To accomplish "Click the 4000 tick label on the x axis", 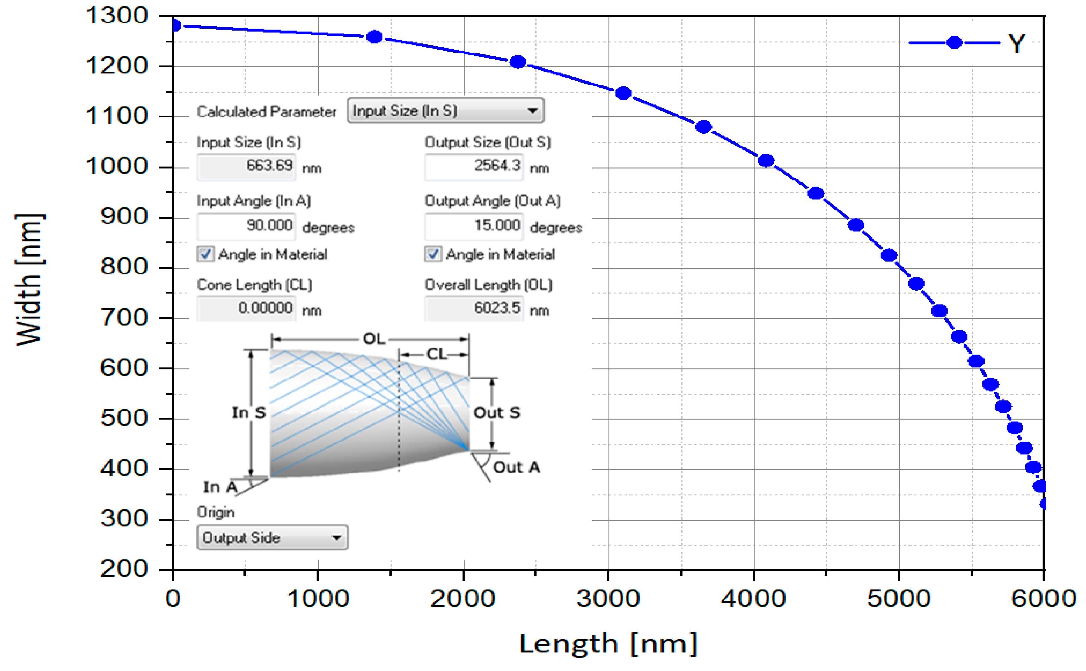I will point(753,598).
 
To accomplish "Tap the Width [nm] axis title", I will point(29,279).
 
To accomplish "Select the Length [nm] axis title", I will point(608,643).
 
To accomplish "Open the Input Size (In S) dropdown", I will point(445,110).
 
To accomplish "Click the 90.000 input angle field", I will point(246,226).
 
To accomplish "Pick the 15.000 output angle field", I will point(474,226).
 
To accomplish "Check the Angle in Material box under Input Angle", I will point(205,254).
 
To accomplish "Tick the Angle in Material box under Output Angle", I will point(433,254).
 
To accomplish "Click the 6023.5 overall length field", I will point(474,308).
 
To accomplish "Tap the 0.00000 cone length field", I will point(246,308).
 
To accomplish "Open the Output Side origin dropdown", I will point(272,537).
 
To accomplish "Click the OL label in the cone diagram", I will point(374,339).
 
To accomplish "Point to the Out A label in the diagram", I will point(516,467).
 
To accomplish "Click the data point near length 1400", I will point(375,37).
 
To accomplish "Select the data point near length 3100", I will point(623,93).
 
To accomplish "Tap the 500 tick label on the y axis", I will point(123,418).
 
